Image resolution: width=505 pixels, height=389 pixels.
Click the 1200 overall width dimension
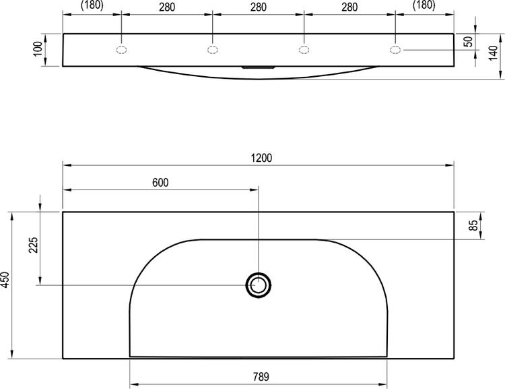pos(261,158)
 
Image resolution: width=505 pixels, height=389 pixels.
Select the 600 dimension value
pos(160,183)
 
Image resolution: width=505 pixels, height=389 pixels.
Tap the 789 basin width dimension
pos(261,377)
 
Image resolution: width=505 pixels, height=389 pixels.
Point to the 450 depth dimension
pos(5,280)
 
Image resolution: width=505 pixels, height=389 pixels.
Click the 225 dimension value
pos(33,245)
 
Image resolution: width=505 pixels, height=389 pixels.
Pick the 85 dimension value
pos(473,225)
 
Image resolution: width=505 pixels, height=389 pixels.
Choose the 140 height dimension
pos(493,53)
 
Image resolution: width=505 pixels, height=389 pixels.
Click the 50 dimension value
pos(469,41)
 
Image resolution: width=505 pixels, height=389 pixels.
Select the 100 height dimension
pos(38,49)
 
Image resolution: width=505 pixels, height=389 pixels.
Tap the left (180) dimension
pos(92,5)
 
